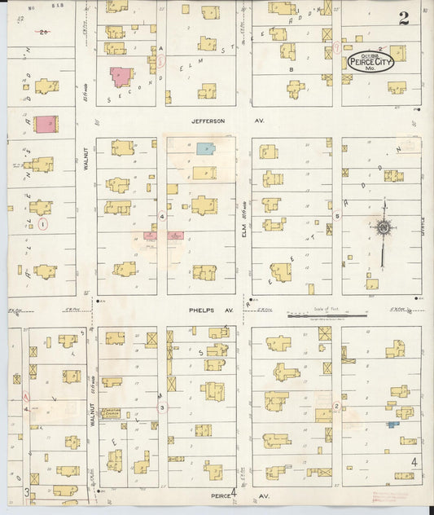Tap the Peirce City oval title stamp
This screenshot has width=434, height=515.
pyautogui.click(x=370, y=63)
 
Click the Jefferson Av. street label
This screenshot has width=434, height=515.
pyautogui.click(x=209, y=121)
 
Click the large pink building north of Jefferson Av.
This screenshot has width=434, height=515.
pyautogui.click(x=121, y=77)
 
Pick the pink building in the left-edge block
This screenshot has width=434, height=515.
pyautogui.click(x=46, y=124)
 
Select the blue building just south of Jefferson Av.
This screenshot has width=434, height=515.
pyautogui.click(x=205, y=150)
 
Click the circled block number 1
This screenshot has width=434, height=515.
pyautogui.click(x=43, y=222)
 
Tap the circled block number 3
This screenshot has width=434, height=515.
pyautogui.click(x=161, y=407)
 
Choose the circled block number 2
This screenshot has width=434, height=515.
pyautogui.click(x=335, y=405)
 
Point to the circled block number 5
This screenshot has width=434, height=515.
pyautogui.click(x=336, y=216)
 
